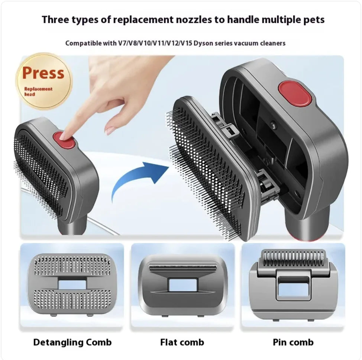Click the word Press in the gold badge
tap(43, 73)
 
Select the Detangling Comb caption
tap(72, 342)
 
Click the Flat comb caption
tap(182, 342)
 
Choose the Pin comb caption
tap(293, 342)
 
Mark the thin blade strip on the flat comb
tap(182, 266)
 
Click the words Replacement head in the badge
tap(39, 91)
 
